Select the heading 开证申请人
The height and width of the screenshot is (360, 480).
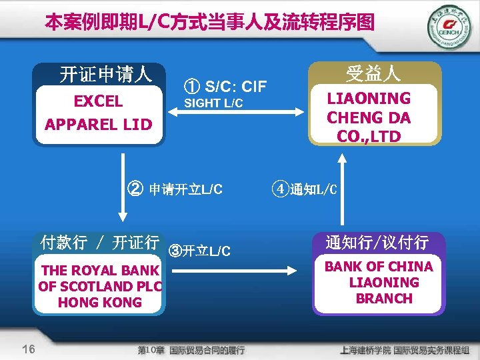(106, 74)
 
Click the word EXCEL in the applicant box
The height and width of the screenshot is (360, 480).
(98, 101)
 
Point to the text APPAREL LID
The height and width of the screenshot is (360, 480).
(98, 125)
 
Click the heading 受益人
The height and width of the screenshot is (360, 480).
(373, 72)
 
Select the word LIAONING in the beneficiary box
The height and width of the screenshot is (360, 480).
(369, 99)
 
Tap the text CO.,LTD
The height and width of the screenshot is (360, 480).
(369, 136)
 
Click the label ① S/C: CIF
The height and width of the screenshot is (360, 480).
(225, 86)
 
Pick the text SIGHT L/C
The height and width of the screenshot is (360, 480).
(213, 103)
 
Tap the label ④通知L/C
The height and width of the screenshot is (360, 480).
(304, 189)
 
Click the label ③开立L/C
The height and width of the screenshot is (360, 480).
(200, 251)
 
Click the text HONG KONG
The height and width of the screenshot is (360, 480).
(100, 302)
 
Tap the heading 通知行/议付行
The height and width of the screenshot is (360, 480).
(377, 242)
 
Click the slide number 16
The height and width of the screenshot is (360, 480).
(28, 349)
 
